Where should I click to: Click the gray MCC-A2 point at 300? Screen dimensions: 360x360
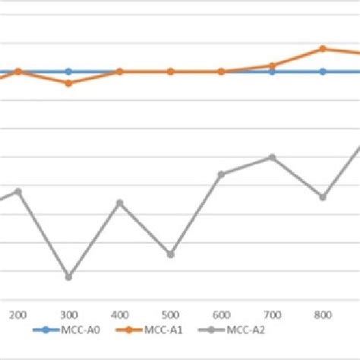tap(68, 276)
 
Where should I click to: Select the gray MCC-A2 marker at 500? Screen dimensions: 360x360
tap(171, 254)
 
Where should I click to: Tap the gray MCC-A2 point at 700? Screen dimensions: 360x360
tap(272, 157)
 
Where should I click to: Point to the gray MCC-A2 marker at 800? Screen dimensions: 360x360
tap(323, 197)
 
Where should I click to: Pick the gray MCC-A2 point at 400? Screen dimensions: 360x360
tap(119, 203)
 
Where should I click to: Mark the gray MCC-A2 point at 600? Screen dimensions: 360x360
tap(221, 174)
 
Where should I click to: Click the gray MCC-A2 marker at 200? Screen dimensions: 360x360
tap(18, 191)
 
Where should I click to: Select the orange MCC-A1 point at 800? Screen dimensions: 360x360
tap(323, 49)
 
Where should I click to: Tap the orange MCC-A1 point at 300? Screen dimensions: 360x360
tap(68, 83)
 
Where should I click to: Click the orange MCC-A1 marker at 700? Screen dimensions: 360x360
tap(272, 65)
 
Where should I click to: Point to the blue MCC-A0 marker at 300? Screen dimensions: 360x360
tap(68, 71)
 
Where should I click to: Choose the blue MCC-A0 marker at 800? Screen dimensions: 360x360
tap(323, 71)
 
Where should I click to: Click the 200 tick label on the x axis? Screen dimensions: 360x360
tap(18, 314)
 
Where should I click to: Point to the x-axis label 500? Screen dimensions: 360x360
tap(171, 314)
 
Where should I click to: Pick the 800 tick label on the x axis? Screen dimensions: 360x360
tap(323, 314)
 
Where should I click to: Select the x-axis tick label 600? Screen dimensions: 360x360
tap(221, 314)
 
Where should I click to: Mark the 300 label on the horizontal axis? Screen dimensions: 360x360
tap(68, 314)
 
